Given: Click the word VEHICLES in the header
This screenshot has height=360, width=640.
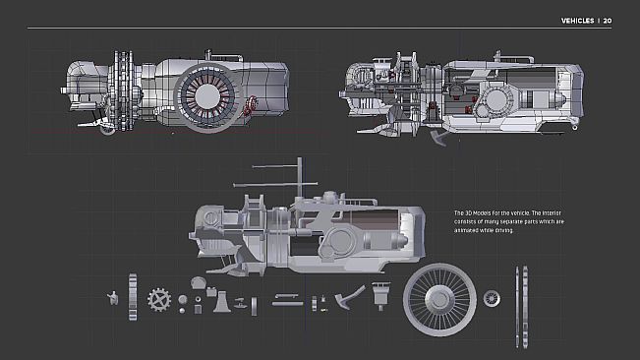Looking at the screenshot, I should [577, 20].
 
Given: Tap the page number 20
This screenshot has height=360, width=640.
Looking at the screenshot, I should [609, 20].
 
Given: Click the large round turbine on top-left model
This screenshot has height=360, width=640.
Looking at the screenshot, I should [207, 95].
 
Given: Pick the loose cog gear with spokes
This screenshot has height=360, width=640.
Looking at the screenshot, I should [158, 297].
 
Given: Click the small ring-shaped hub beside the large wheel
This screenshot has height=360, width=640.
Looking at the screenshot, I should [491, 296].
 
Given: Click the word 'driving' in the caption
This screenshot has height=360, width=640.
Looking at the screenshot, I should [500, 230].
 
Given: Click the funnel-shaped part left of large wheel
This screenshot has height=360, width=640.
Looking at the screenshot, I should [381, 292].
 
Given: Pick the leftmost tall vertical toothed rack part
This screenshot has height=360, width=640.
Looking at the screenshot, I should [132, 294].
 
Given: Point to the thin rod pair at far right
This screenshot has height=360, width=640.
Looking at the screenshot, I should [517, 295].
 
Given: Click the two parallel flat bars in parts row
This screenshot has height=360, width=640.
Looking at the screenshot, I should [287, 300].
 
